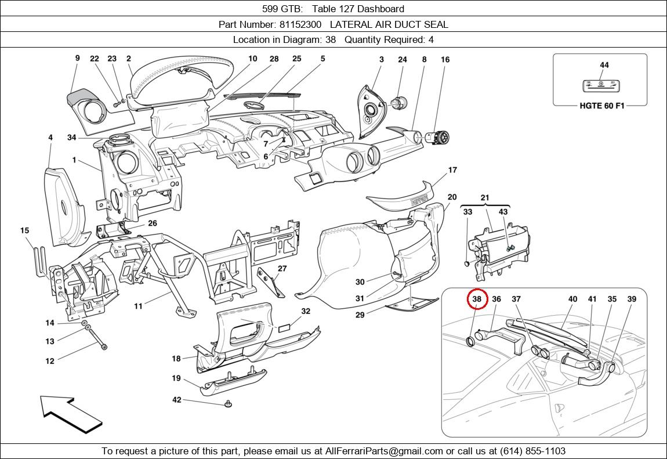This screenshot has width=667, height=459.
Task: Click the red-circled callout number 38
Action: pyautogui.click(x=477, y=299)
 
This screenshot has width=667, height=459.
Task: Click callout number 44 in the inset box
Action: pyautogui.click(x=604, y=65)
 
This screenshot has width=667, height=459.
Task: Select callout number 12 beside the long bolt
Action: pyautogui.click(x=50, y=361)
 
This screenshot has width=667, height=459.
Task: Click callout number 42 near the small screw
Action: pyautogui.click(x=177, y=400)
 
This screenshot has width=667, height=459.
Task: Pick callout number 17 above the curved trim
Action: pyautogui.click(x=452, y=170)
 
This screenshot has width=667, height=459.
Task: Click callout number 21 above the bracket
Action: pyautogui.click(x=485, y=198)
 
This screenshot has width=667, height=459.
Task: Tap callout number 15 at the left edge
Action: pyautogui.click(x=24, y=230)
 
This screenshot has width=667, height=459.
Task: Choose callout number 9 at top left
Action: pyautogui.click(x=77, y=58)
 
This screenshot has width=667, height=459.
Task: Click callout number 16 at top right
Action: pyautogui.click(x=445, y=59)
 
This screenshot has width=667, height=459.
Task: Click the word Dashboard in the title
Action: pyautogui.click(x=380, y=9)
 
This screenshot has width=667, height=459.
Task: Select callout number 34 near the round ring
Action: pyautogui.click(x=71, y=138)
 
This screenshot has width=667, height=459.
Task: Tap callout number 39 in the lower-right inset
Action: pyautogui.click(x=632, y=299)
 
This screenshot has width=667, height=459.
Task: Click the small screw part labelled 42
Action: pyautogui.click(x=228, y=403)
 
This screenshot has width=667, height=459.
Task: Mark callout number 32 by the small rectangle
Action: pyautogui.click(x=306, y=311)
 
